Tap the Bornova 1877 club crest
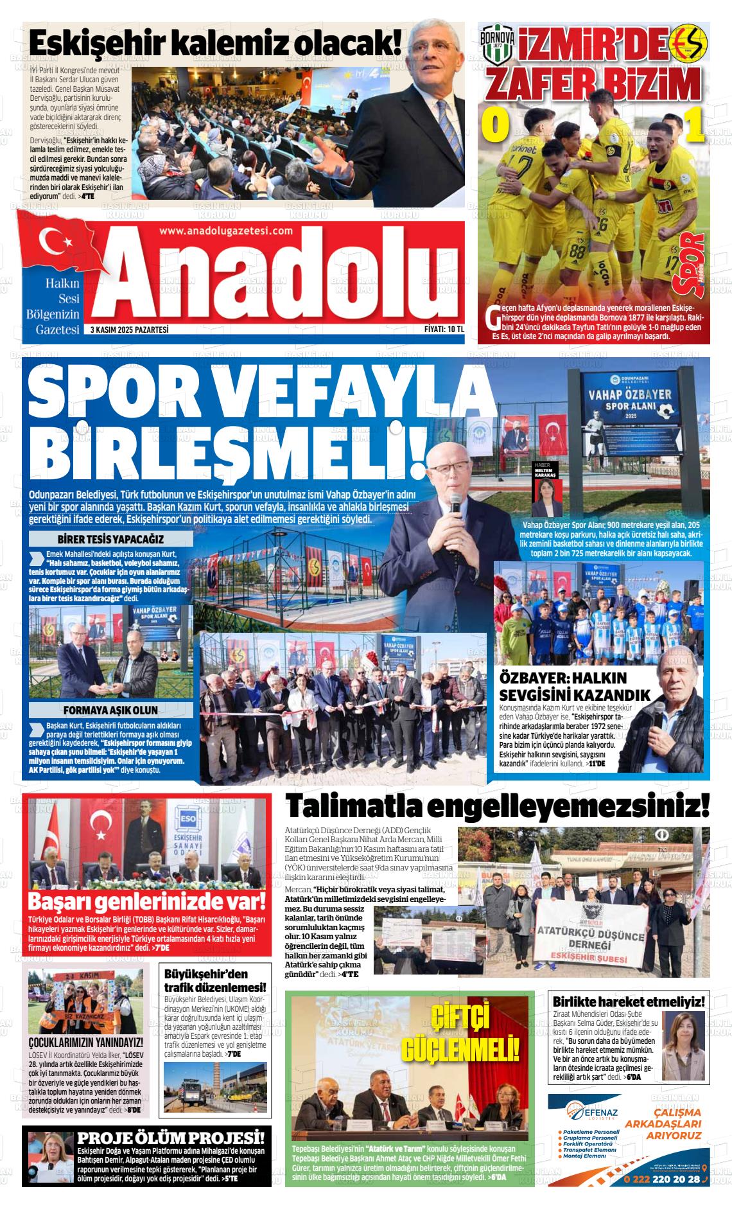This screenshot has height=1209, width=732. [497, 44]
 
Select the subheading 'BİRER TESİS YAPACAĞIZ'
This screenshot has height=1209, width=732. [111, 539]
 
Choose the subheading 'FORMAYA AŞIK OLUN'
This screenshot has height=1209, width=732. [110, 710]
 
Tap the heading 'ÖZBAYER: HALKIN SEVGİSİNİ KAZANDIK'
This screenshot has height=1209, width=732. [575, 687]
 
